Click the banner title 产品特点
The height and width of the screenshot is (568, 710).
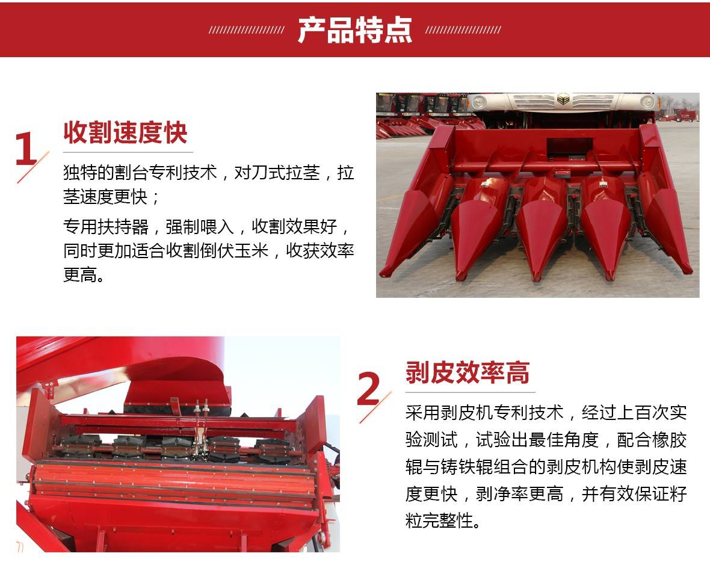point(354,30)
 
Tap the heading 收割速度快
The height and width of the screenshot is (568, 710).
point(125,133)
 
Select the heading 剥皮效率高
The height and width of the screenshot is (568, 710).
point(468,373)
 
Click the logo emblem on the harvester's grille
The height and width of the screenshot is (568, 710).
point(563,99)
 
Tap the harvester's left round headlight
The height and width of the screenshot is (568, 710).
point(479,102)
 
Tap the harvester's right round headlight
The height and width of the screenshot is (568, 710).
point(647,102)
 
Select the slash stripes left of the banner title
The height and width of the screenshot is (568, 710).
point(246,30)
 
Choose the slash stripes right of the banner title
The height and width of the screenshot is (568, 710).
point(463,30)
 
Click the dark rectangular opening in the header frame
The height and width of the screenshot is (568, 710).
point(570,149)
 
